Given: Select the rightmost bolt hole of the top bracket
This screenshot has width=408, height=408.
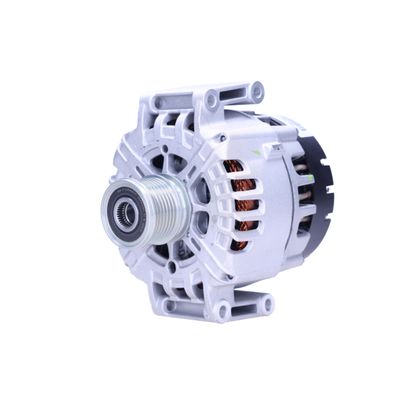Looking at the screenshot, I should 257,92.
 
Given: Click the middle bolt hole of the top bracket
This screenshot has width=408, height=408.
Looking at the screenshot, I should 211,99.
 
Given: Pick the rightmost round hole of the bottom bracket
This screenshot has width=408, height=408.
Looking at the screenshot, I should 267,304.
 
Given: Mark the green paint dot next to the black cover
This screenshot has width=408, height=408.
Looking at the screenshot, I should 311,177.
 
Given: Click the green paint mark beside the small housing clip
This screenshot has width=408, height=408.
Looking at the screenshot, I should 256,152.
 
